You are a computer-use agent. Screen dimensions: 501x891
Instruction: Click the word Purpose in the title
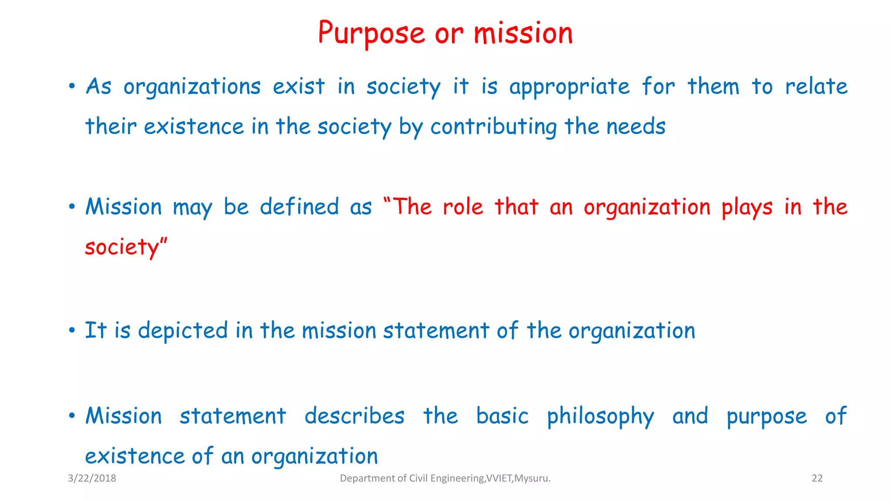coord(371,34)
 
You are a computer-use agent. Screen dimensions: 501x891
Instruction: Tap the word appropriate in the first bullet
coord(569,87)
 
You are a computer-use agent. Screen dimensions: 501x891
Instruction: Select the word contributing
coord(494,127)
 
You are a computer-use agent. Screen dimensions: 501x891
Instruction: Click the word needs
coord(636,127)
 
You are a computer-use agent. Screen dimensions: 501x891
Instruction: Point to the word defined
coord(299,207)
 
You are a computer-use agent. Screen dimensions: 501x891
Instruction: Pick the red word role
coord(463,207)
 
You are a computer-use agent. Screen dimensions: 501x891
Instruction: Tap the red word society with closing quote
coord(126,247)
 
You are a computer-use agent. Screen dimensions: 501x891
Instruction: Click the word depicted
coord(183,331)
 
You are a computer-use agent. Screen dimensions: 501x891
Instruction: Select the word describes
coord(355,416)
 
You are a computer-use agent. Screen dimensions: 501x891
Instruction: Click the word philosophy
coord(600,417)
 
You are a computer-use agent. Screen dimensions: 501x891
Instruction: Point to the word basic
coord(502,416)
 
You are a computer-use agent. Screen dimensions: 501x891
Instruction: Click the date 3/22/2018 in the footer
coord(92,478)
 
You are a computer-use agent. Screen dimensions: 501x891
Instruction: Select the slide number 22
coord(817,478)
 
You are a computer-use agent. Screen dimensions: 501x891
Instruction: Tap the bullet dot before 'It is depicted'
coord(72,331)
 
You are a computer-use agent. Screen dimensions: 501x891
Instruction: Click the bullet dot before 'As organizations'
coord(72,86)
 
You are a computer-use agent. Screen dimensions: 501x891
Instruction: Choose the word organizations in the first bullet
coord(192,87)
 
